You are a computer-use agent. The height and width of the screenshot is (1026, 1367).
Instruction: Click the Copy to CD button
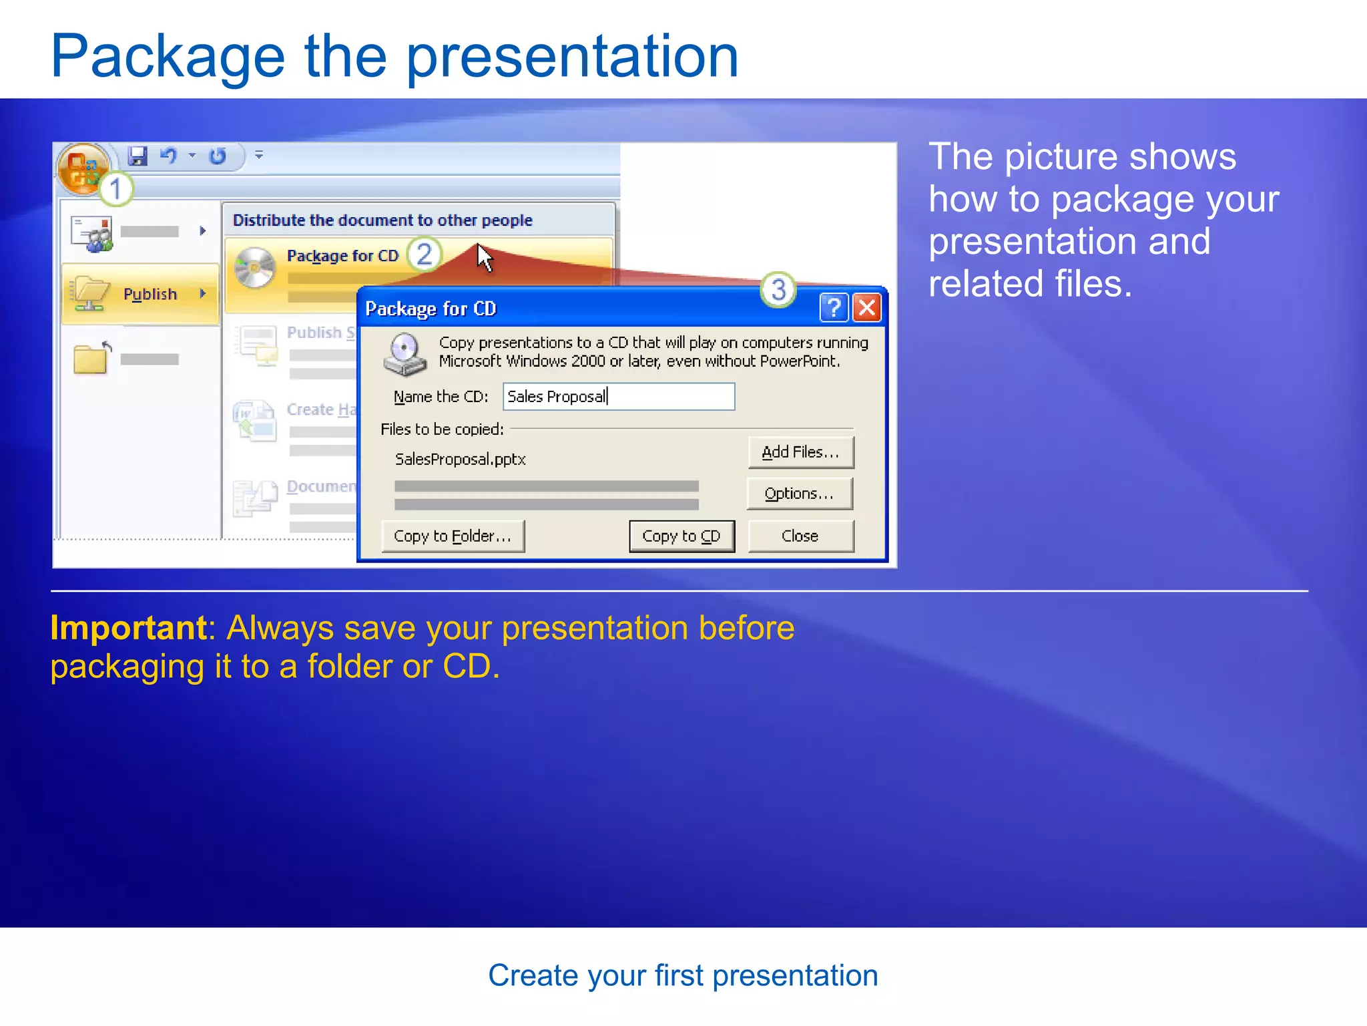(681, 536)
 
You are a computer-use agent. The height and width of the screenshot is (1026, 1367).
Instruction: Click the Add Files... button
(800, 452)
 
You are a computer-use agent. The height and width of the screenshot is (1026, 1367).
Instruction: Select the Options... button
(800, 494)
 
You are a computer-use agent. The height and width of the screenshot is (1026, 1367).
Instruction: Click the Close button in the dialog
(800, 536)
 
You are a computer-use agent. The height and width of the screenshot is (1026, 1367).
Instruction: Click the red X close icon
(867, 308)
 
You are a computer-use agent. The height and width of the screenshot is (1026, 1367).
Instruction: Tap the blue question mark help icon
(833, 308)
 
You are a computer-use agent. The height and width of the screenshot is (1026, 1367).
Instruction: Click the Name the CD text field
(619, 397)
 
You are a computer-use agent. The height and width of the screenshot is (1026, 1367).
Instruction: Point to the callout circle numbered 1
(116, 189)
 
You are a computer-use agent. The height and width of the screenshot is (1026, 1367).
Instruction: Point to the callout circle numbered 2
(425, 254)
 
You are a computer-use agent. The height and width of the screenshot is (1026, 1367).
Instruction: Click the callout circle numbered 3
(778, 290)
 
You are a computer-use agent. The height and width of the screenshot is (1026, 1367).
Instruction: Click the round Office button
(82, 169)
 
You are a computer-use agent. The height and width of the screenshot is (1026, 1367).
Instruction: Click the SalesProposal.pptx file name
(461, 460)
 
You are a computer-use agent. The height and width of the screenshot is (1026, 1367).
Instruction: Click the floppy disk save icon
(138, 156)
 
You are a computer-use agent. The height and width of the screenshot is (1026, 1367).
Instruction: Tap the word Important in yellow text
(129, 628)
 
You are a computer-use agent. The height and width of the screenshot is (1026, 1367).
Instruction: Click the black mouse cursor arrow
(484, 257)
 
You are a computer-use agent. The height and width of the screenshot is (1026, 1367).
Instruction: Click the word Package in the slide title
(168, 56)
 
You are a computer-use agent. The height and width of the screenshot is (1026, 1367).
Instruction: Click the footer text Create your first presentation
(683, 976)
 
